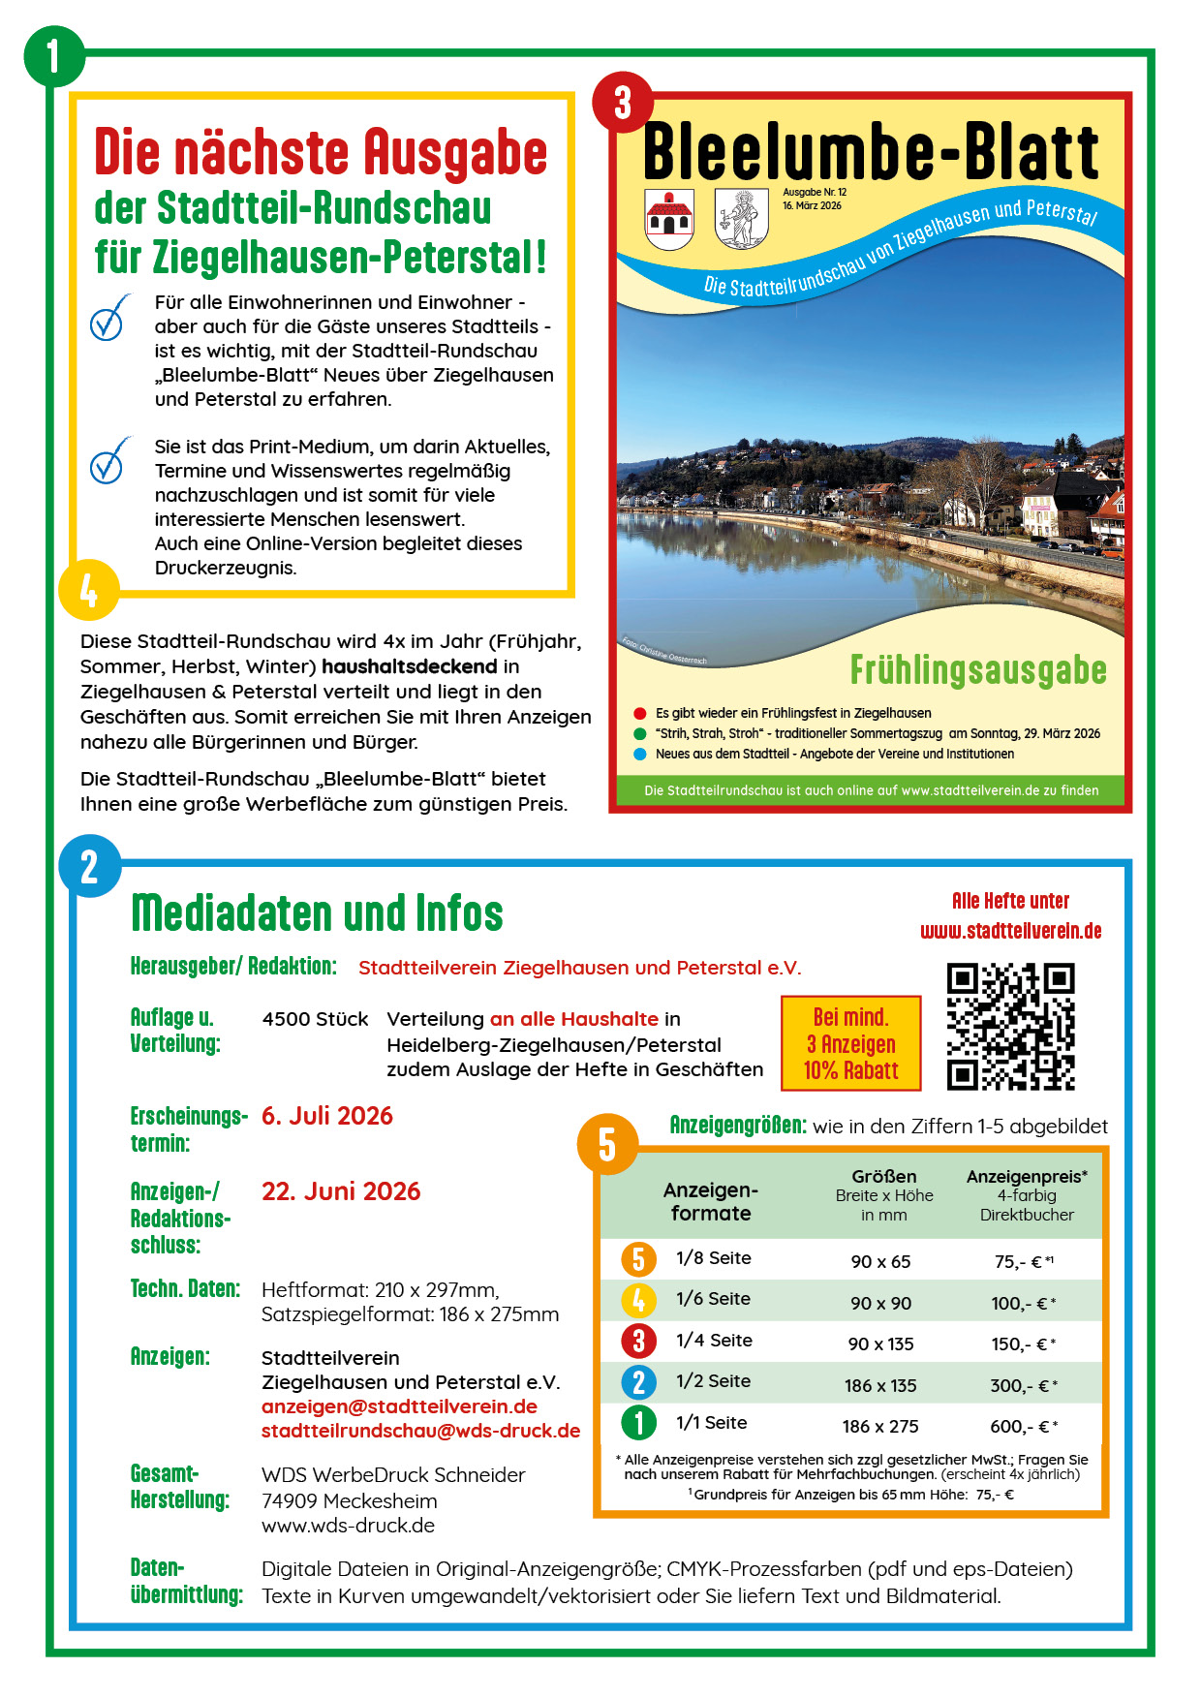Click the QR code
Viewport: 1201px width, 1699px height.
[x=1010, y=1027]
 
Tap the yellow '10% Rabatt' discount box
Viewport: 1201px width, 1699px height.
[x=850, y=1043]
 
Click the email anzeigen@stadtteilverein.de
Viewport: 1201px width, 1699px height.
[x=399, y=1406]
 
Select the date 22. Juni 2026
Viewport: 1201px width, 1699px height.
[x=341, y=1191]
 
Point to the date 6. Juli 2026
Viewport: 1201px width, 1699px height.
[x=327, y=1116]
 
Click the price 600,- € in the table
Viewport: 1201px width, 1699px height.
[x=1023, y=1426]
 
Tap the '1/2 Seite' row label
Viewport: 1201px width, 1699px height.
[x=713, y=1381]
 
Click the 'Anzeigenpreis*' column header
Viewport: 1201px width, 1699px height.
[x=1027, y=1177]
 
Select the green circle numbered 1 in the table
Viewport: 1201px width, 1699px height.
[x=638, y=1423]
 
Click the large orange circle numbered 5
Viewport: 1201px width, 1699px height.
[x=607, y=1145]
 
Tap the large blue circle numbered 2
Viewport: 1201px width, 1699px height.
[x=89, y=867]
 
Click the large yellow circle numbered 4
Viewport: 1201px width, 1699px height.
[x=88, y=590]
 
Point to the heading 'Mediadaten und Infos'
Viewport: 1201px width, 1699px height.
[x=317, y=913]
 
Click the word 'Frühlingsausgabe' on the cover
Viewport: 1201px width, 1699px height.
[x=977, y=670]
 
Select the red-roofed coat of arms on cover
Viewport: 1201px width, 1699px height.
[x=669, y=220]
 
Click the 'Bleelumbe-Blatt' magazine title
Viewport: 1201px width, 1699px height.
[x=870, y=152]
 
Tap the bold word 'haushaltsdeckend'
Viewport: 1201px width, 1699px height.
[x=409, y=666]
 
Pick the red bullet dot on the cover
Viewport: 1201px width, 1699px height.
[x=639, y=713]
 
